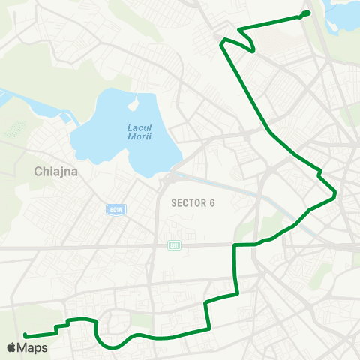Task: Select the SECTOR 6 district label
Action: [193, 202]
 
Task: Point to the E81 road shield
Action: [175, 245]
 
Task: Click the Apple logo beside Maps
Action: [11, 347]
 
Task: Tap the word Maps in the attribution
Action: [32, 347]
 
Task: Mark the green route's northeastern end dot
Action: [307, 13]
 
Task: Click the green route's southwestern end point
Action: [25, 335]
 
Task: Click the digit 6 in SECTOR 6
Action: [211, 202]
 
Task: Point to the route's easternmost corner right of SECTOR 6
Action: [334, 196]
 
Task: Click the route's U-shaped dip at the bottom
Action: [112, 345]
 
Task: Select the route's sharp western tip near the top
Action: [221, 43]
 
